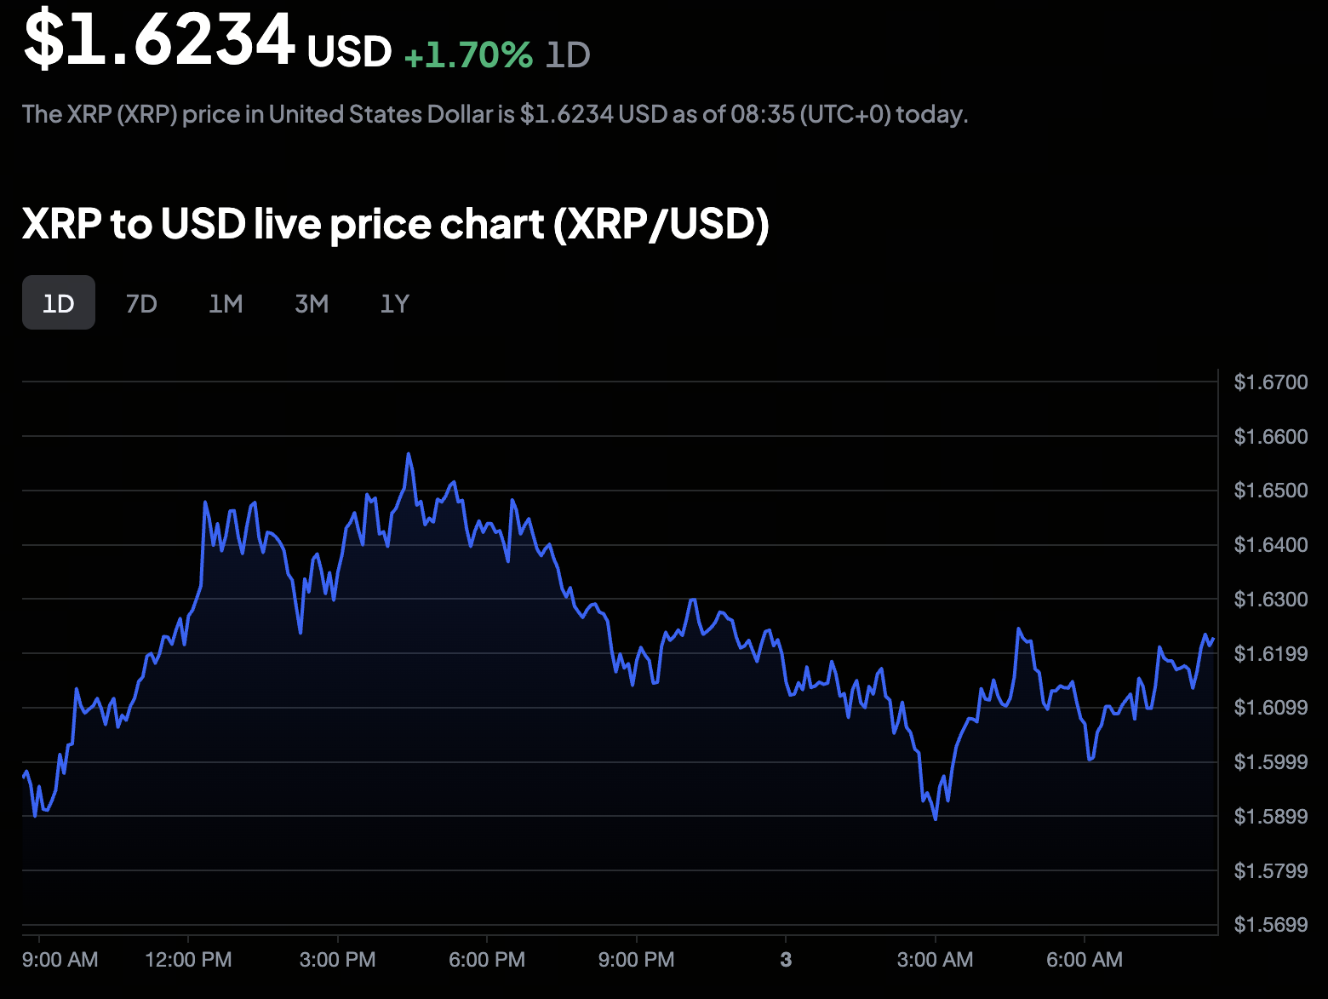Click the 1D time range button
click(x=59, y=303)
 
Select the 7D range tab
click(x=141, y=303)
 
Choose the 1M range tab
click(x=226, y=303)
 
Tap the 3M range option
click(x=312, y=303)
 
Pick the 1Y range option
click(x=395, y=303)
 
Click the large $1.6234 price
click(x=159, y=39)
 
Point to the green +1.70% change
click(x=468, y=55)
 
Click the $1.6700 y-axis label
click(x=1270, y=382)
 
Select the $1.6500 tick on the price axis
click(x=1270, y=491)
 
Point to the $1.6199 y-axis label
click(x=1270, y=654)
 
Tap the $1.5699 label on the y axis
click(x=1270, y=925)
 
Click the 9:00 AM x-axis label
click(x=60, y=960)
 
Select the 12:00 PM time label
click(x=188, y=960)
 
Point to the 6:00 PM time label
click(x=487, y=960)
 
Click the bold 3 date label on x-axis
click(x=786, y=960)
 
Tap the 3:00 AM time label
click(x=935, y=960)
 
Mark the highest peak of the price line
click(x=409, y=454)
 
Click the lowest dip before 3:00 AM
click(x=936, y=818)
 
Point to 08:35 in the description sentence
click(x=762, y=114)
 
